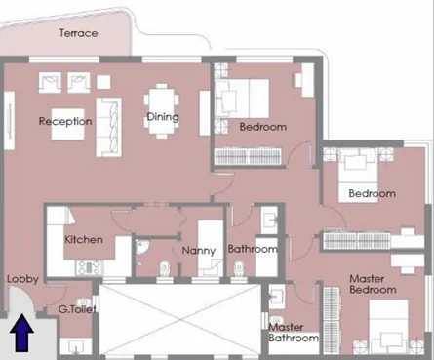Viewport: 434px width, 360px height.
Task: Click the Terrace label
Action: pos(78,33)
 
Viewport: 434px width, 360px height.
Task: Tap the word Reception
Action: pos(65,121)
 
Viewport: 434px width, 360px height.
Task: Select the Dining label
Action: pos(163,117)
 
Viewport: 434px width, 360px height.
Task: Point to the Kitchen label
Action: pos(84,240)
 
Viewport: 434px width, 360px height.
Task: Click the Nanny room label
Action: pos(199,251)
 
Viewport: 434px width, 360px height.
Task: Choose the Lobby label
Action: pos(22,279)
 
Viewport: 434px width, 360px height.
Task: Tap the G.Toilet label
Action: pos(77,309)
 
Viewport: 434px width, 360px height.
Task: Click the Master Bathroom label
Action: pos(294,333)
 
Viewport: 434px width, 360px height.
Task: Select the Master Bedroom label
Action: pos(373,284)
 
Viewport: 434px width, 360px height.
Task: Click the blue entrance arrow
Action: pos(21,333)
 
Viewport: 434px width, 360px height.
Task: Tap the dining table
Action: pos(162,111)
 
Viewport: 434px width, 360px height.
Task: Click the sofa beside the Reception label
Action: pos(108,128)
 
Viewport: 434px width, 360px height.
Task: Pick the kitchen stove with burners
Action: pos(89,268)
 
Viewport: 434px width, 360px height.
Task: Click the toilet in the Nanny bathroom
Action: pos(165,268)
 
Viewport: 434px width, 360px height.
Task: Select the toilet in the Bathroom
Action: pos(239,269)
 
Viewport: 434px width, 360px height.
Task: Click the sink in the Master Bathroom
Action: pos(277,297)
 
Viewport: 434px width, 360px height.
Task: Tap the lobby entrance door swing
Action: pos(21,300)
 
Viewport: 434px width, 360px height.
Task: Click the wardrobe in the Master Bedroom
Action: pos(332,320)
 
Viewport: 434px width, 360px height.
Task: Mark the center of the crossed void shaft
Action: pos(180,320)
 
